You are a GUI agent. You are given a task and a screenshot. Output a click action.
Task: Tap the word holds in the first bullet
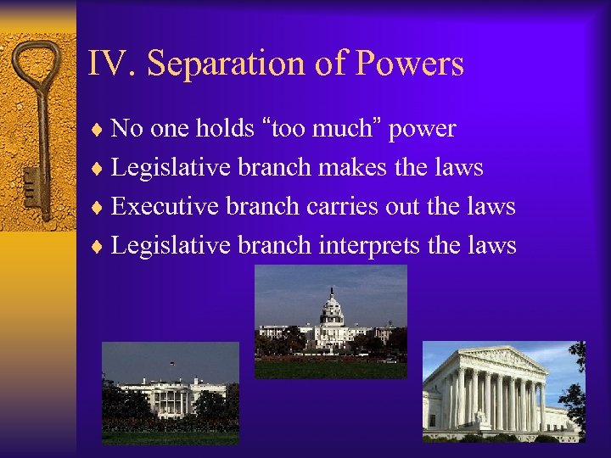click(x=224, y=129)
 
